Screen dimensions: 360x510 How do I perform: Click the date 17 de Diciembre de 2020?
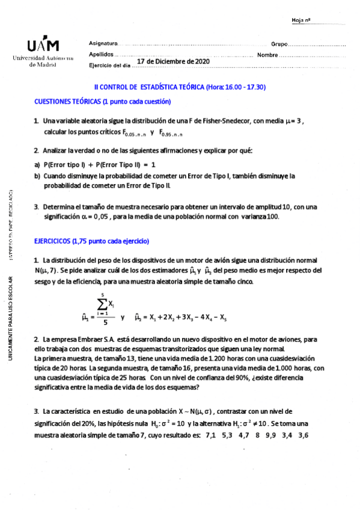[173, 61]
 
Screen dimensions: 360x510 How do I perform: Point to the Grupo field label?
[279, 45]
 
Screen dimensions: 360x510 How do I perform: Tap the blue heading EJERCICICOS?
[92, 241]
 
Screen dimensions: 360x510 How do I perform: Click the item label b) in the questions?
[37, 176]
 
